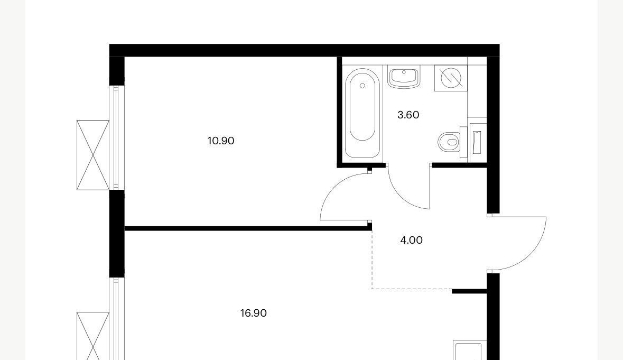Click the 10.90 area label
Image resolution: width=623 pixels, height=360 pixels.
(x=221, y=141)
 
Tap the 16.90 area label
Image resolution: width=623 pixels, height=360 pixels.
(x=254, y=313)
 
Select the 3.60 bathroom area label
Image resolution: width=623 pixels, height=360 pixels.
(x=408, y=115)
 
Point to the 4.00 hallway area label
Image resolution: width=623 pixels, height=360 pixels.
(x=411, y=240)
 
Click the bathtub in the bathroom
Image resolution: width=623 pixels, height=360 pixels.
(x=362, y=113)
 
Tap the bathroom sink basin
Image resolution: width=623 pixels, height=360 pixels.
(x=404, y=78)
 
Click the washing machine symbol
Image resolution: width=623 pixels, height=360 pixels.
(x=451, y=78)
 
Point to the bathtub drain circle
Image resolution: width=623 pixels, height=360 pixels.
(x=362, y=86)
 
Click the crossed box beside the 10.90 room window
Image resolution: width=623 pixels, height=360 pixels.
(x=93, y=155)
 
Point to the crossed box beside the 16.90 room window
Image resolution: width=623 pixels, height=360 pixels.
(x=93, y=336)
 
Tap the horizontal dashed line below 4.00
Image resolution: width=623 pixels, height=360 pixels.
(x=412, y=289)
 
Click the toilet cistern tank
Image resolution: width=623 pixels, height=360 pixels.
(x=463, y=142)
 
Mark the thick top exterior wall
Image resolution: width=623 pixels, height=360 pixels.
(x=304, y=50)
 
